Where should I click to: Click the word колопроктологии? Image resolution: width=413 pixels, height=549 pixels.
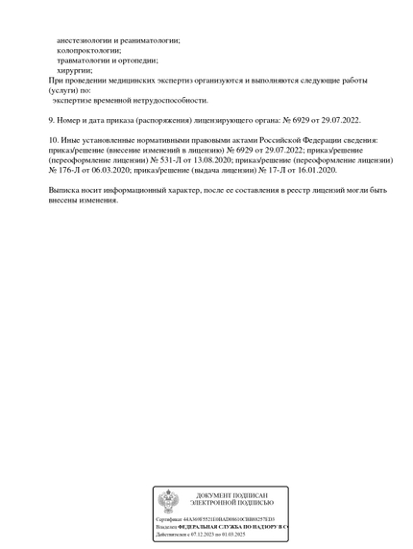point(89,50)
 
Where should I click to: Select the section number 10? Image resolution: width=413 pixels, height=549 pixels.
point(53,140)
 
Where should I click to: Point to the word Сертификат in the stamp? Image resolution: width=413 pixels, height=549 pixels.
point(169,519)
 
